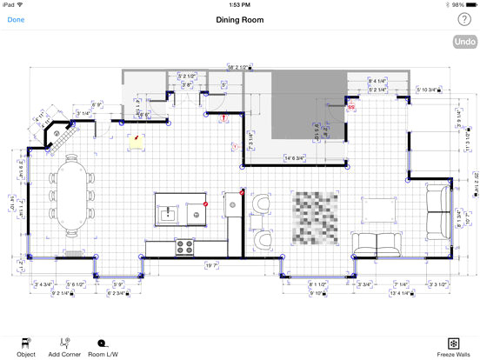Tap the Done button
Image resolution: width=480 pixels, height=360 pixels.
(16, 19)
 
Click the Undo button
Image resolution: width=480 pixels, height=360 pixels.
(464, 42)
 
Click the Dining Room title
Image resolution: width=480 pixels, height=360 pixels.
(240, 19)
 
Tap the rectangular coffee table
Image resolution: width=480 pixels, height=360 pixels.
(380, 208)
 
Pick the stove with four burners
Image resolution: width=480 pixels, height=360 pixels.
(183, 247)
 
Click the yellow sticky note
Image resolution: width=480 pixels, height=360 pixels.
(135, 139)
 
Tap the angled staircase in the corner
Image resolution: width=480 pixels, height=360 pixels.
(61, 136)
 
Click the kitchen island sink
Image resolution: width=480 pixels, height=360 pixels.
(169, 211)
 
